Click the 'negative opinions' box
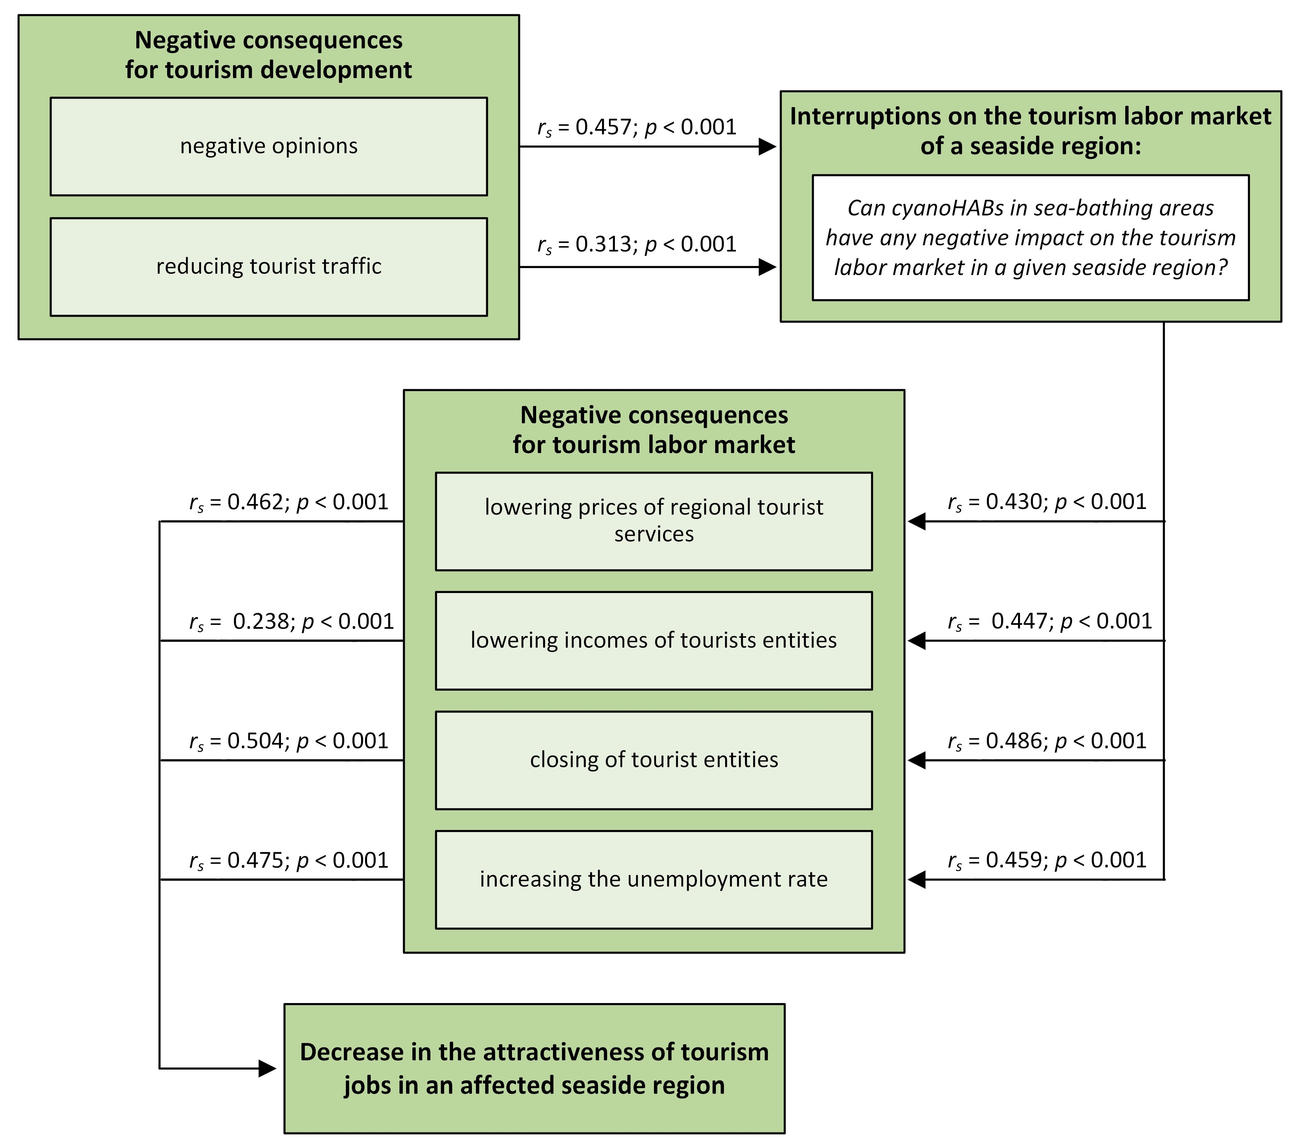coord(268,147)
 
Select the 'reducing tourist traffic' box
coord(268,266)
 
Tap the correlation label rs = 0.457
coord(636,127)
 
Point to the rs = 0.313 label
coord(636,244)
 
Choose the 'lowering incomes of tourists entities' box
coord(654,640)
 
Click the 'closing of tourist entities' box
coord(654,759)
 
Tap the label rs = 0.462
coord(289,503)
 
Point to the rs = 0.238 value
coord(292,622)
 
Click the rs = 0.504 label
coord(289,741)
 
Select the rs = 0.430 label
coord(1047,503)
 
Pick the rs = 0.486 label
coord(1047,741)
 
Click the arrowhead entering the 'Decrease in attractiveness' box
coord(268,1069)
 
